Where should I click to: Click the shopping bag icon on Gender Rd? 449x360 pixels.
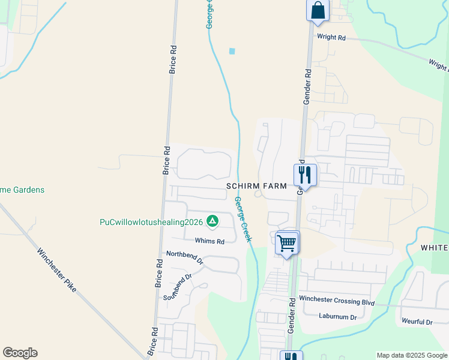point(318,11)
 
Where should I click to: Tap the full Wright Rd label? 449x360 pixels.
point(331,37)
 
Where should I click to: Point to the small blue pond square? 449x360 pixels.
point(232,51)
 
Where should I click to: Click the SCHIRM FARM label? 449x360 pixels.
point(256,187)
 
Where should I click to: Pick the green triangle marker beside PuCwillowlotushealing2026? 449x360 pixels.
point(212,222)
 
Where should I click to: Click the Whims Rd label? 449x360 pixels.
point(209,241)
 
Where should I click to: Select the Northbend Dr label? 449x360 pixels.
point(185,258)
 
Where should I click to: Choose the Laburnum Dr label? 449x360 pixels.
point(338,317)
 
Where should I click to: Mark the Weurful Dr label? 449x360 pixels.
point(417,322)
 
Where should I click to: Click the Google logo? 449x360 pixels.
point(20,353)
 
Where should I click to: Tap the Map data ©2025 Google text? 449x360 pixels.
point(411,355)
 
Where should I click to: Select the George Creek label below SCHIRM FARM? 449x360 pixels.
point(243,220)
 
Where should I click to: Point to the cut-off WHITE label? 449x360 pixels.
point(434,248)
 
